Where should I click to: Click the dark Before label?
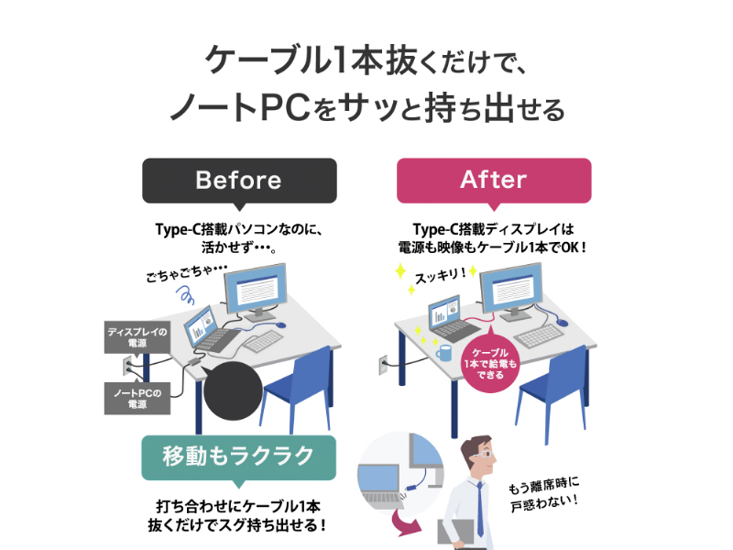point(239,181)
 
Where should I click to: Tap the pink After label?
point(494,181)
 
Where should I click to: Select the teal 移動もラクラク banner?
point(239,458)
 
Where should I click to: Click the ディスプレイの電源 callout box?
point(137,336)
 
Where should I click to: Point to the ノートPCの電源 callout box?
point(137,398)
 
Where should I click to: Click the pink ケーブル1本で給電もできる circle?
point(490,363)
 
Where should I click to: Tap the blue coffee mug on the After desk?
point(444,353)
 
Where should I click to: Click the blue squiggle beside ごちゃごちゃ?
point(185,295)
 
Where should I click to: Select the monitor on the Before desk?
point(256,291)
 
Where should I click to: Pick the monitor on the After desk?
point(512,291)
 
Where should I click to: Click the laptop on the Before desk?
point(211,330)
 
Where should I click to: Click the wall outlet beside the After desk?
point(383,365)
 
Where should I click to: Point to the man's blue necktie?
point(480,510)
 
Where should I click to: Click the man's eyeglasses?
point(483,454)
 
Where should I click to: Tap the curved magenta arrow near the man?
point(405,522)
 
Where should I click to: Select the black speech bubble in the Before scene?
point(232,390)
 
